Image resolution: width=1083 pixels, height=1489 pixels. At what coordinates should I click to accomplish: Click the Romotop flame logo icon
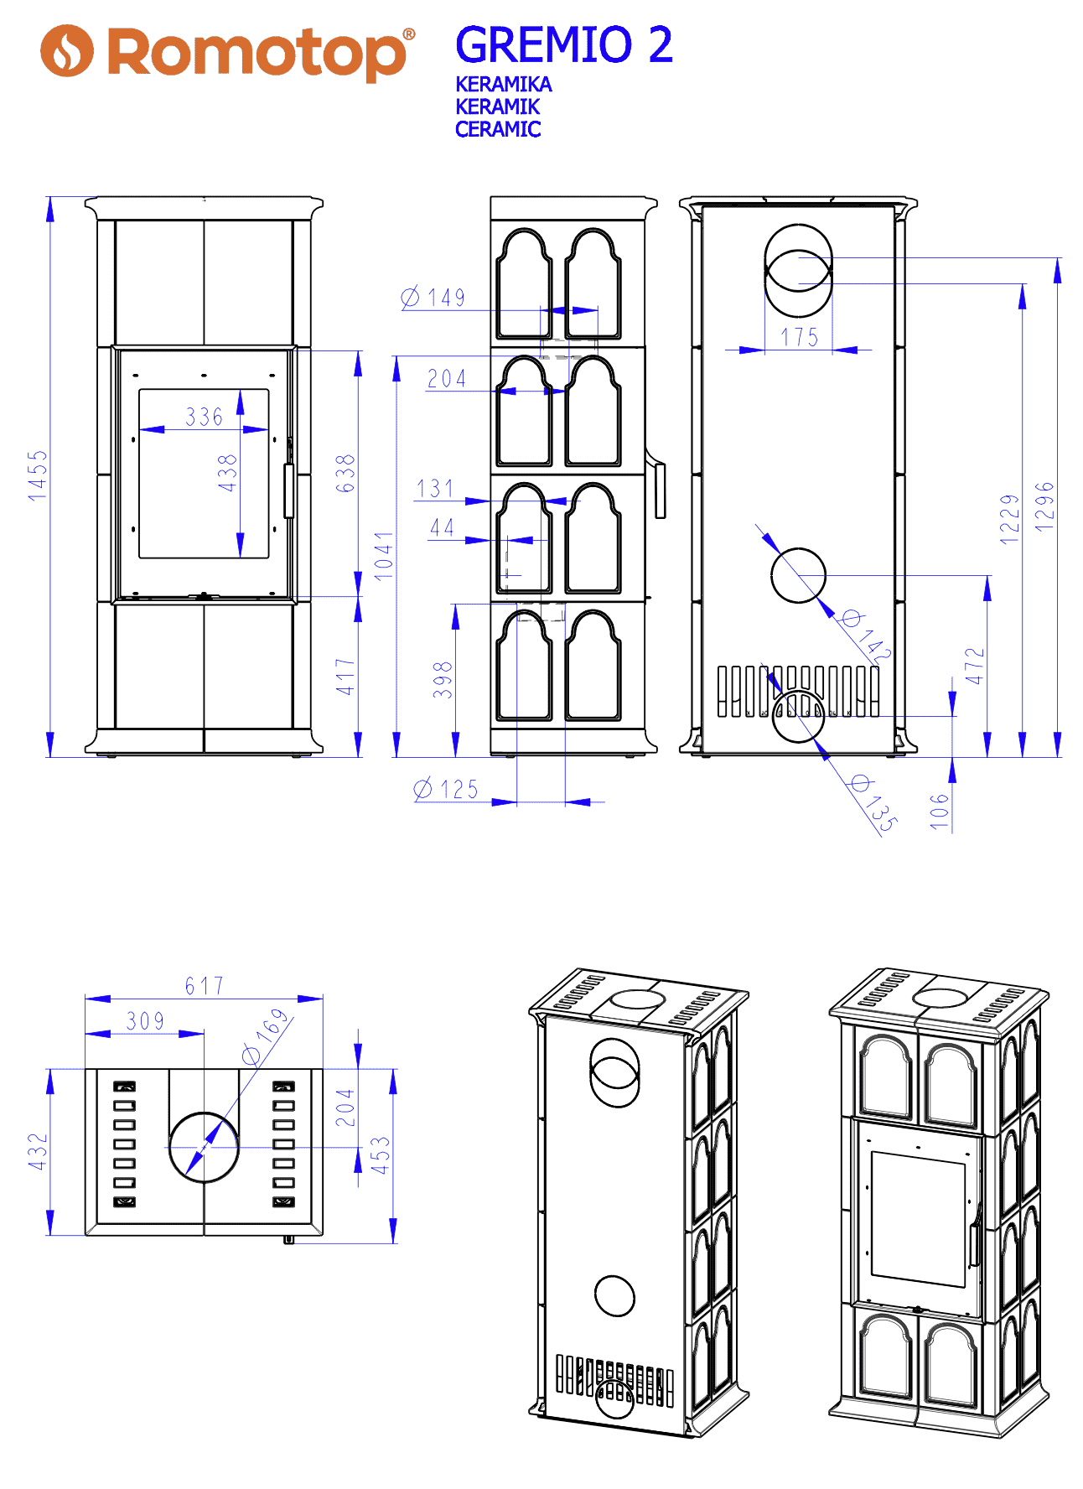(x=67, y=50)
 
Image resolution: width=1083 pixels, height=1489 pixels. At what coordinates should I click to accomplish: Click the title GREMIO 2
(x=564, y=44)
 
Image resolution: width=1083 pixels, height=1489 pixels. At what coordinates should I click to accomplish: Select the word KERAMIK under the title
(x=498, y=106)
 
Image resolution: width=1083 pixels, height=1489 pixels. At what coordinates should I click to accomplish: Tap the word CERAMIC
(x=498, y=129)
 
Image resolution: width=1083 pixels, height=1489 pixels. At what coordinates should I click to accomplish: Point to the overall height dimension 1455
(x=38, y=476)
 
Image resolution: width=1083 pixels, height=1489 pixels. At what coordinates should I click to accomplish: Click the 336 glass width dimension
(x=205, y=417)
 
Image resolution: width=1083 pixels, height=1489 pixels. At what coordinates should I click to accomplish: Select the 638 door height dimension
(x=345, y=474)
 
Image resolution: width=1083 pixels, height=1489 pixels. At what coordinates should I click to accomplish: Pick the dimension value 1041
(x=384, y=556)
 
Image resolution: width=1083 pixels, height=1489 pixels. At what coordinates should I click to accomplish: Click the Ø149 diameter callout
(x=433, y=298)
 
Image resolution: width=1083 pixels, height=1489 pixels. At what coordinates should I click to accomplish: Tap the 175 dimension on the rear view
(x=800, y=337)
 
